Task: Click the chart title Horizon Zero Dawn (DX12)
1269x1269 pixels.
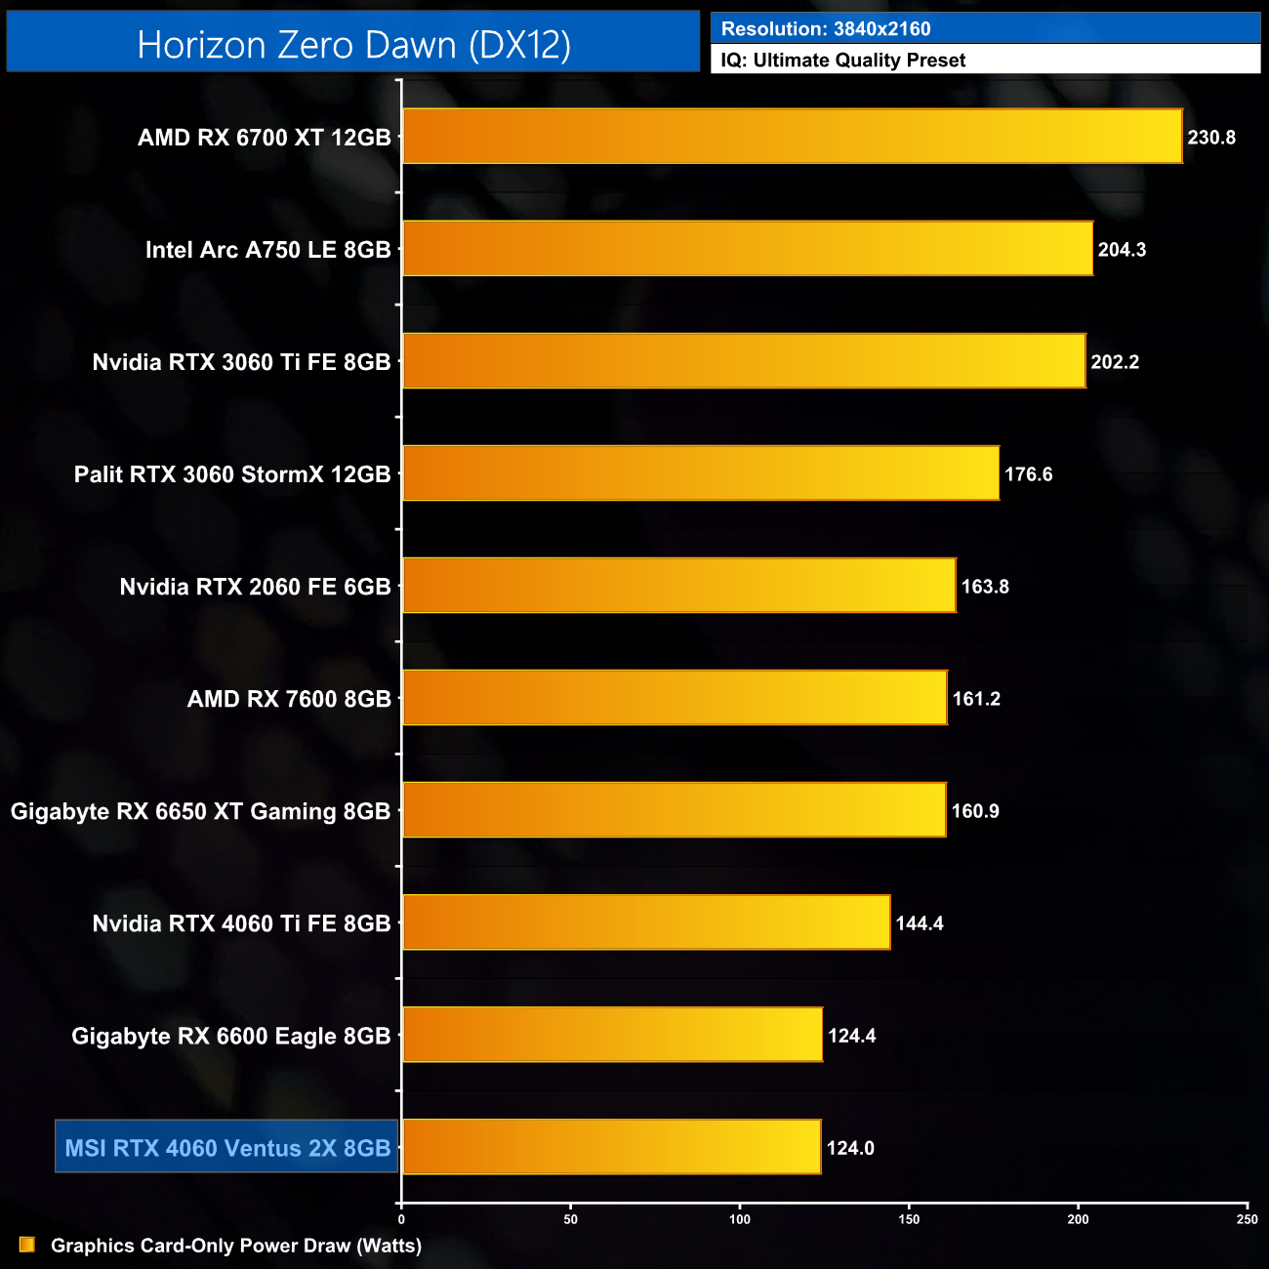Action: [x=353, y=45]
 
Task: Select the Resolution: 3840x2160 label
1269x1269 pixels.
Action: [x=826, y=29]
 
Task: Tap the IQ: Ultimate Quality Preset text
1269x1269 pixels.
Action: [x=843, y=61]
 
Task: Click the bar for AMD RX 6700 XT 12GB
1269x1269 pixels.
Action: [x=792, y=137]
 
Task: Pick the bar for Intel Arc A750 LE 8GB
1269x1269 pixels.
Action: [x=747, y=249]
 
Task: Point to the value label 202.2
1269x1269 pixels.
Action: [x=1115, y=362]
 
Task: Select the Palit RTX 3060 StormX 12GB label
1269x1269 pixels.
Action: [x=232, y=474]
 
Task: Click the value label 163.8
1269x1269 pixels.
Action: [x=985, y=587]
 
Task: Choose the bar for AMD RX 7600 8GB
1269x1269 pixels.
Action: [x=675, y=698]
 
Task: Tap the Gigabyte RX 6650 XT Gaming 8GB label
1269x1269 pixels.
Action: [x=200, y=811]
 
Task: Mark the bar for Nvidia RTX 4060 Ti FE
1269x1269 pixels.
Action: [x=646, y=922]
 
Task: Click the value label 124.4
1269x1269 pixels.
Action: [x=852, y=1036]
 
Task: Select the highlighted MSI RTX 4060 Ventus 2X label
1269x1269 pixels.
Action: [x=227, y=1148]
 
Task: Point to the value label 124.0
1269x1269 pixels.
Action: [x=850, y=1148]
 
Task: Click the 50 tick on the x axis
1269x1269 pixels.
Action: [x=571, y=1219]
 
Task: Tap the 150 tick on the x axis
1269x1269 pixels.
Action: [x=909, y=1219]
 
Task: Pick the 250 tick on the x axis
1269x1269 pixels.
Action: [x=1247, y=1219]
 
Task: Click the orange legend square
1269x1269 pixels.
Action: [x=27, y=1245]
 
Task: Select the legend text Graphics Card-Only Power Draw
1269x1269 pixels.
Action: [x=236, y=1246]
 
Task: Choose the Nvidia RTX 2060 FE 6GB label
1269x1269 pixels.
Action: [x=255, y=587]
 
